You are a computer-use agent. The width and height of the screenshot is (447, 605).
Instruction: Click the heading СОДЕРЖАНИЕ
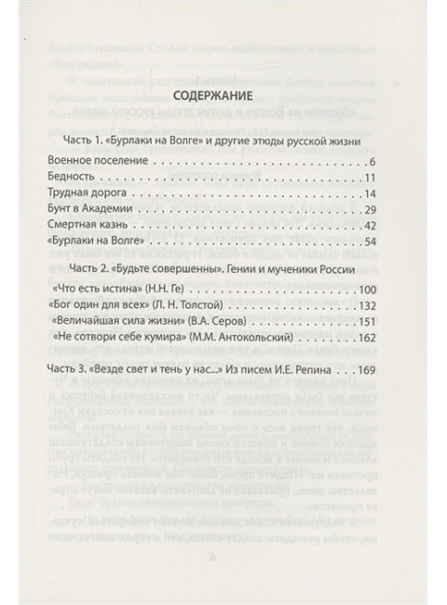tap(223, 97)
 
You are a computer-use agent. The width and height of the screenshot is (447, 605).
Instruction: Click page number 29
tap(370, 214)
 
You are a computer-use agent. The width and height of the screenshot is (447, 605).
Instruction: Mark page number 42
tap(370, 232)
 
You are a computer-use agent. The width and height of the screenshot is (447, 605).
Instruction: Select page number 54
tap(370, 249)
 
